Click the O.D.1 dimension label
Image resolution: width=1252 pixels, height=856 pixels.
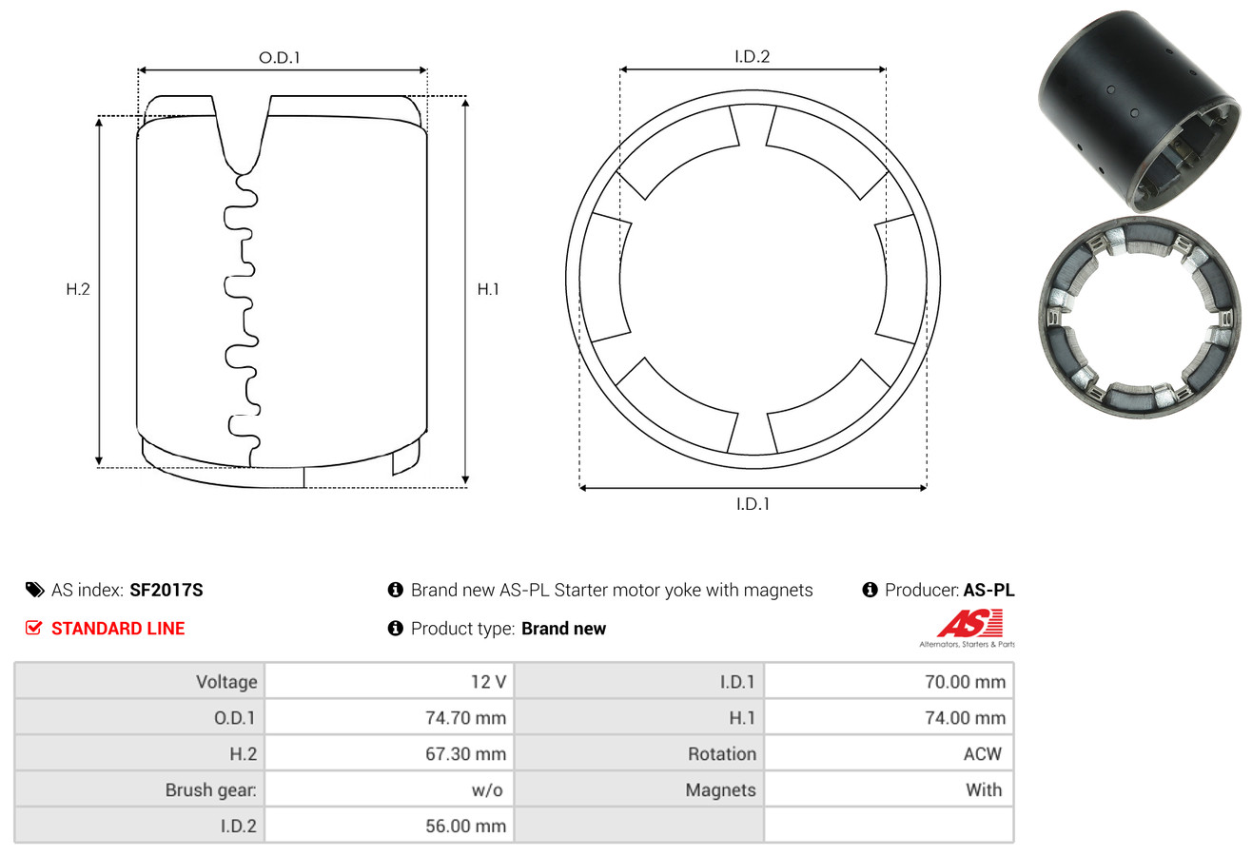tap(280, 58)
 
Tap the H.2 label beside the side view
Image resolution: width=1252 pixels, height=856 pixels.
tap(78, 289)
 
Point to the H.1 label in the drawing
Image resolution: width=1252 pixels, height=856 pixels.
tap(488, 289)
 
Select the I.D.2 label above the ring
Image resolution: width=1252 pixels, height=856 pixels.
tap(752, 56)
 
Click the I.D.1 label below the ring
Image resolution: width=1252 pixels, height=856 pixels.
tap(753, 504)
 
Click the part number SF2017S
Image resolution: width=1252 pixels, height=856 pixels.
tap(166, 590)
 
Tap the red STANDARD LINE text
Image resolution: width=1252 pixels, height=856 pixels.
tap(118, 629)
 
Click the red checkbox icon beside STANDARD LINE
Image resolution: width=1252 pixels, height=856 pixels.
tap(33, 628)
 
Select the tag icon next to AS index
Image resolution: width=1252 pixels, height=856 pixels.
tap(34, 590)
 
